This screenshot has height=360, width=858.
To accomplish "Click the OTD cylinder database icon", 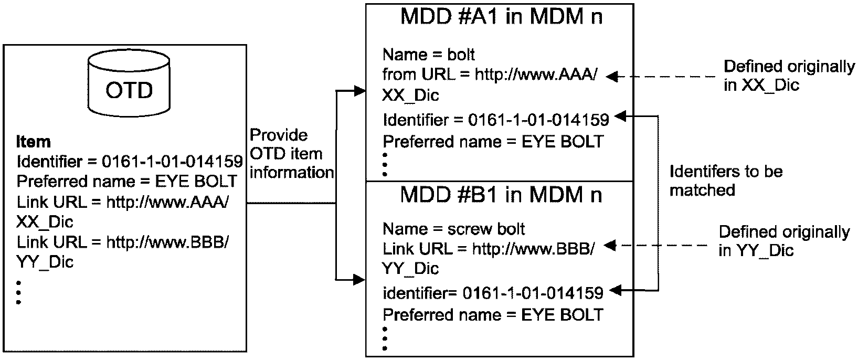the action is click(x=129, y=83).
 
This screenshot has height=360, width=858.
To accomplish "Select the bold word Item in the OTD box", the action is click(x=34, y=142).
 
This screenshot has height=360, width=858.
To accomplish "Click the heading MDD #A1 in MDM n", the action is click(x=501, y=17).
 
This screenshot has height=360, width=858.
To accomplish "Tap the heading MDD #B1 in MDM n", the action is click(x=501, y=195).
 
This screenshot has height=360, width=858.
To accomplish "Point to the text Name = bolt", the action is click(x=429, y=55).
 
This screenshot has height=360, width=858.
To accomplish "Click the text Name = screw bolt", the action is click(x=453, y=229).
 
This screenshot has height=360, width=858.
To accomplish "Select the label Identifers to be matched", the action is click(x=726, y=181).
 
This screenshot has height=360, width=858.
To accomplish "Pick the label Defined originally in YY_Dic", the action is click(x=784, y=241).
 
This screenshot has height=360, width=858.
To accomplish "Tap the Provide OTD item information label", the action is click(x=291, y=154).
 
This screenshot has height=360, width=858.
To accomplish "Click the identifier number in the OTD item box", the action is click(x=172, y=162).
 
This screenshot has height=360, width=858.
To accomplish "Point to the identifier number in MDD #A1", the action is click(x=538, y=120).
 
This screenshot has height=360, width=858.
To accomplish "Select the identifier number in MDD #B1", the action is click(x=533, y=293).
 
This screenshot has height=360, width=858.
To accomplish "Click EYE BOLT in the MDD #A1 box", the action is click(x=563, y=142).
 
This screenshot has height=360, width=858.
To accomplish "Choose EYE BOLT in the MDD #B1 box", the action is click(x=563, y=315).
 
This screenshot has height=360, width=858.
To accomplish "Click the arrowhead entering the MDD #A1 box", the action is click(x=360, y=91).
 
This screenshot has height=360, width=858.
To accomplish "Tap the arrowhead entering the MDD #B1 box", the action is click(x=360, y=280).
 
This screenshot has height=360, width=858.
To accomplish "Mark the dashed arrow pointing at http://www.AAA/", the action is click(x=660, y=77).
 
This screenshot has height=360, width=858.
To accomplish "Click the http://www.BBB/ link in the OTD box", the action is click(x=167, y=242).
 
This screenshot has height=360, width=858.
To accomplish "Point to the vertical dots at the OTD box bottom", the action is click(x=19, y=293).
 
